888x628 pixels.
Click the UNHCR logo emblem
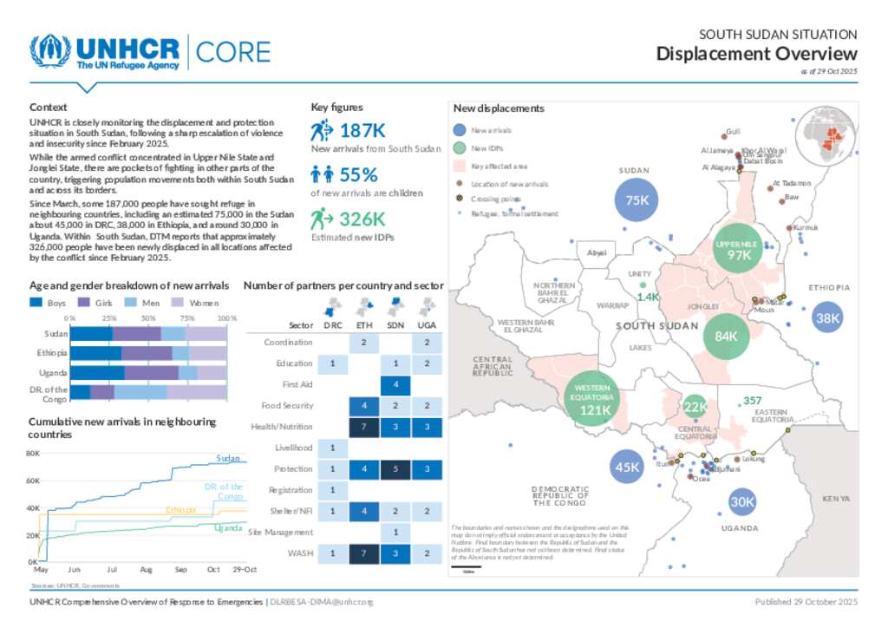point(50,52)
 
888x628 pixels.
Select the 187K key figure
point(362,131)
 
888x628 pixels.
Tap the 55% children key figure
point(358,174)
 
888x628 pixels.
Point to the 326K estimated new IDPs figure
point(362,219)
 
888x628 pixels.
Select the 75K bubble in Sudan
point(637,200)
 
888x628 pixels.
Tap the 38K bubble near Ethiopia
point(827,318)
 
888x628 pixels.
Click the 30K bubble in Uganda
point(742,501)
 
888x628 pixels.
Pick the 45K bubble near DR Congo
point(627,467)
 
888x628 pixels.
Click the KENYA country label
point(836,499)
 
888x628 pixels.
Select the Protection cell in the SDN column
point(395,469)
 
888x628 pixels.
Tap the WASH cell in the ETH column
point(363,553)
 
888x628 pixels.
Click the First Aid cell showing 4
point(395,384)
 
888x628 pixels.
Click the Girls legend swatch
point(85,303)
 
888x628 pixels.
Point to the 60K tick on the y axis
point(34,481)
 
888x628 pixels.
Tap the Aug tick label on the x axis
point(146,570)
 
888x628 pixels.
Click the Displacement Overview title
point(756,54)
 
